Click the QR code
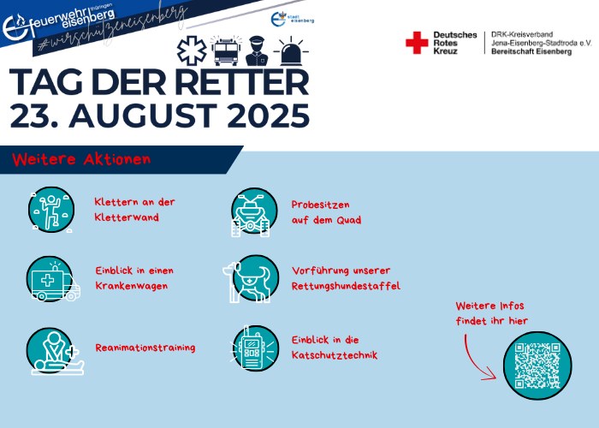[537, 366]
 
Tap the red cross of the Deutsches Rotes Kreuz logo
[417, 43]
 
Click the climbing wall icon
[51, 210]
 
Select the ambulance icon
[53, 279]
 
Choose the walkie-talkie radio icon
[254, 348]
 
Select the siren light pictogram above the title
[291, 51]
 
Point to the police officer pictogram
[257, 51]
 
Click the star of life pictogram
[192, 51]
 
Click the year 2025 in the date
[269, 116]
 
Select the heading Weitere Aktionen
[81, 159]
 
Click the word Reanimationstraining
[145, 348]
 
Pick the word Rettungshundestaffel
[346, 286]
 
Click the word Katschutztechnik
[335, 355]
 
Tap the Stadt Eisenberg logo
[293, 19]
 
